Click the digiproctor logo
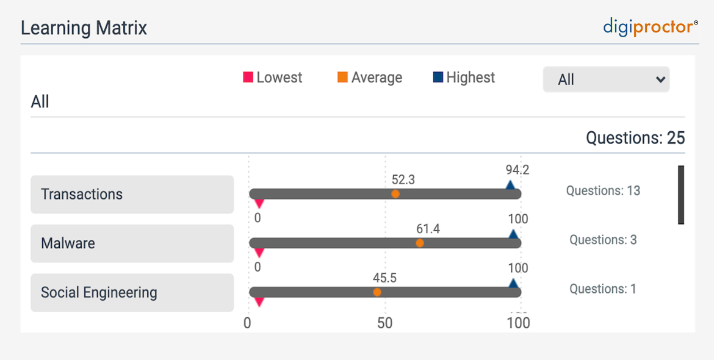click(651, 27)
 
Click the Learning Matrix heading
click(84, 28)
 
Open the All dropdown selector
click(606, 79)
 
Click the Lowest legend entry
click(273, 77)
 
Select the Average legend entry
click(370, 77)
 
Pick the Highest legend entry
click(464, 77)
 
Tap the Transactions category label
click(132, 195)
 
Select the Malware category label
click(132, 243)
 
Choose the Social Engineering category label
click(132, 293)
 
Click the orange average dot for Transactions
click(395, 194)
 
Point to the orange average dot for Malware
click(420, 243)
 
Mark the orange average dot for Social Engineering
click(377, 292)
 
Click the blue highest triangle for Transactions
click(510, 184)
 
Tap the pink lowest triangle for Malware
click(259, 252)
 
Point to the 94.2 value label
click(517, 170)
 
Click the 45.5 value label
click(385, 278)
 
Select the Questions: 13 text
click(603, 191)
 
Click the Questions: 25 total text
click(635, 138)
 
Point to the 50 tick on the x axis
click(384, 323)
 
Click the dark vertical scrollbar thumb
click(681, 195)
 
